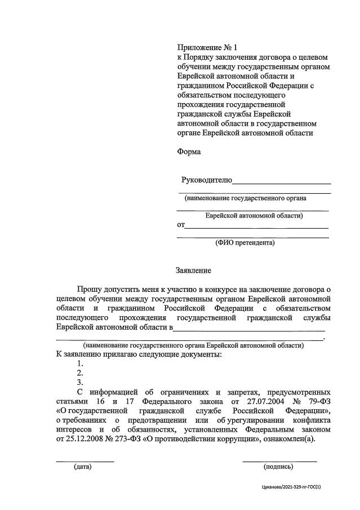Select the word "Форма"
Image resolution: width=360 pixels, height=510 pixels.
point(189,152)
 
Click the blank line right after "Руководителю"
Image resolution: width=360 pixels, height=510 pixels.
point(281,181)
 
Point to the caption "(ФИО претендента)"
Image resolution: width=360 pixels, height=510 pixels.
point(245,243)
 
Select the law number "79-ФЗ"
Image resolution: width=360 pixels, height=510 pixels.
point(318,402)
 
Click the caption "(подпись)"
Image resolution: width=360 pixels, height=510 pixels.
point(278,467)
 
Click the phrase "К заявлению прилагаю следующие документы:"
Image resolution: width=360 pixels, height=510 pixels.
point(139,354)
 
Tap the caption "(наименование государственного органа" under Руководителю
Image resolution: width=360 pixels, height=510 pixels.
point(245,198)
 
